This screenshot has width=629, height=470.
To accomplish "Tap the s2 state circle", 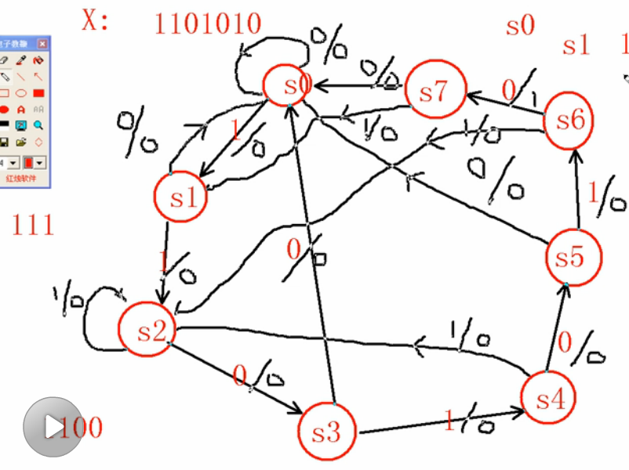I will [147, 331].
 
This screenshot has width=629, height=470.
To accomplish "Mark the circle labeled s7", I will [434, 92].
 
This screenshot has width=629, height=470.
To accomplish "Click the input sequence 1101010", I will [207, 23].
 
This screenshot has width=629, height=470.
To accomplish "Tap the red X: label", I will [95, 21].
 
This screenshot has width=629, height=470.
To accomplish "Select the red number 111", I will [32, 226].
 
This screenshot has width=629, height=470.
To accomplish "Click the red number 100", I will [80, 428].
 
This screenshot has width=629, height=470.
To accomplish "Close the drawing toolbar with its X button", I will [42, 44].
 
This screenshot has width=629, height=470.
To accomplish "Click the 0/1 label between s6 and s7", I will [518, 93].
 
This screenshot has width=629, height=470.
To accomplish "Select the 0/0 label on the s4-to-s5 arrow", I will [581, 348].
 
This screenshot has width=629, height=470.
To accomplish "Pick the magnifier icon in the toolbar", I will [38, 125].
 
